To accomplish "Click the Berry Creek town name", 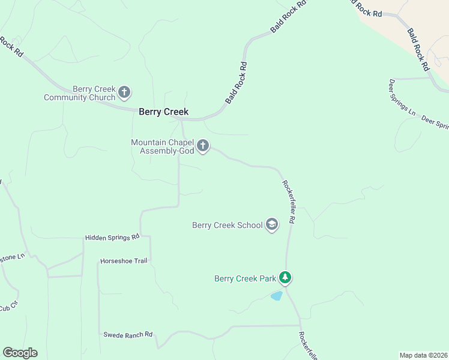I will (163, 112).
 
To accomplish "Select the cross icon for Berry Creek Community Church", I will (124, 92).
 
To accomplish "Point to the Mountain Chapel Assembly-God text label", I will (163, 146).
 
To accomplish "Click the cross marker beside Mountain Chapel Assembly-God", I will (203, 145).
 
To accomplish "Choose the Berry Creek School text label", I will (228, 225).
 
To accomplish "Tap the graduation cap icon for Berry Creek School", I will (271, 225).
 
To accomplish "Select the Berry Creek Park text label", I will (245, 278).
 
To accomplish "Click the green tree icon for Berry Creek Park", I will (286, 277).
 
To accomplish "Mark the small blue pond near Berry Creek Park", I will (276, 295).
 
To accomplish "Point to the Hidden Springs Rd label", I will (112, 238).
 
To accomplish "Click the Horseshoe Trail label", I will (123, 261).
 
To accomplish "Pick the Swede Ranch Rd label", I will (128, 334).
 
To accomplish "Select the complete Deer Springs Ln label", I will (402, 97).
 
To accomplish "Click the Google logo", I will (20, 353).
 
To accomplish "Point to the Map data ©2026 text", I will (423, 355).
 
